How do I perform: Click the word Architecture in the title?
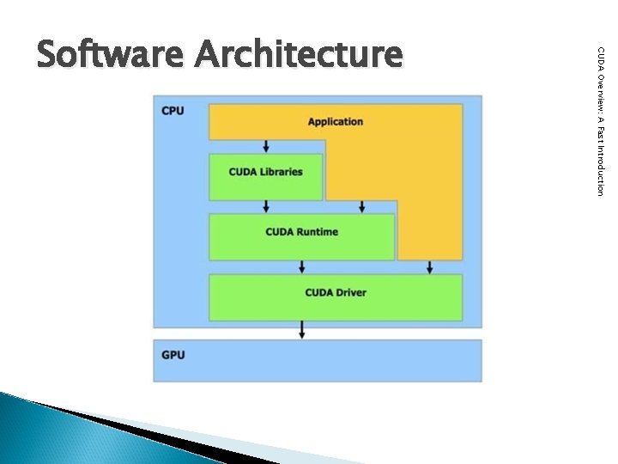click(298, 54)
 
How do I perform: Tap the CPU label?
click(172, 111)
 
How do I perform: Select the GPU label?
click(172, 354)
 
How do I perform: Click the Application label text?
click(336, 121)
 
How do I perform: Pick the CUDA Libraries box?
click(266, 177)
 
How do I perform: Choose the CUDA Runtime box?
click(302, 236)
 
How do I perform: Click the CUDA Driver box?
click(336, 297)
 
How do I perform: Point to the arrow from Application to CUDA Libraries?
click(266, 146)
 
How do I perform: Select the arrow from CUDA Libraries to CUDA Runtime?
click(266, 206)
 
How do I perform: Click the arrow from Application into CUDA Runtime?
click(362, 206)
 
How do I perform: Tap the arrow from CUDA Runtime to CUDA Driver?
click(302, 266)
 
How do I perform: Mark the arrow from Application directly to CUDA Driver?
click(430, 267)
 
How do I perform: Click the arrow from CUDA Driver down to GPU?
click(302, 329)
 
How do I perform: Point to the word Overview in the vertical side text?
click(602, 89)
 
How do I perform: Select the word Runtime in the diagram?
click(319, 232)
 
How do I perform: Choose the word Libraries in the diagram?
click(282, 172)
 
